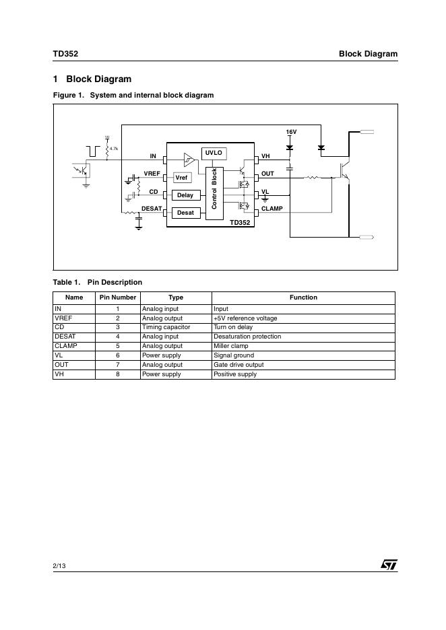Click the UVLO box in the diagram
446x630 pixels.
(x=214, y=153)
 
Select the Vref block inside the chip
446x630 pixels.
(x=182, y=178)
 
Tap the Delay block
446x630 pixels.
(x=185, y=195)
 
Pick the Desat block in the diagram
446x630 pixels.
(x=185, y=213)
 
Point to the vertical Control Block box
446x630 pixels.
(x=214, y=188)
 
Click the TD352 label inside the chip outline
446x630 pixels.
(x=240, y=222)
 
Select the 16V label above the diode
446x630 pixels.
(x=291, y=131)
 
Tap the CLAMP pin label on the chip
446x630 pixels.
(x=272, y=209)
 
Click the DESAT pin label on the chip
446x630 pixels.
(x=152, y=209)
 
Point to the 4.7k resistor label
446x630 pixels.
(x=114, y=148)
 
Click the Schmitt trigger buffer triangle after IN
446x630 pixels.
(x=189, y=160)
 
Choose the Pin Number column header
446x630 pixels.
(x=118, y=297)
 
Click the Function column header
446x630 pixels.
(x=303, y=297)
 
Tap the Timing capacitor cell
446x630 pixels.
(x=166, y=327)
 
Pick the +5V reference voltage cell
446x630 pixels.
(x=245, y=318)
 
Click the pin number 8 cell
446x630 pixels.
(x=118, y=374)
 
